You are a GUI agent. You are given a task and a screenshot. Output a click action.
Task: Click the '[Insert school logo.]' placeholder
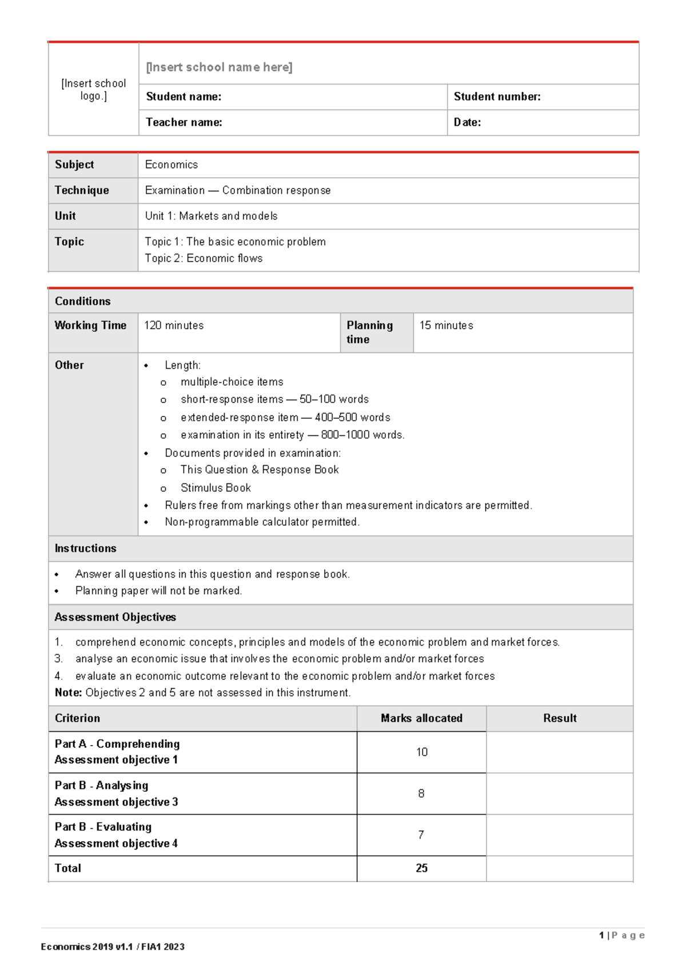(93, 89)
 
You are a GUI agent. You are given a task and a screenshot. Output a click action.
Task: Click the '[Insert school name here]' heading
(219, 67)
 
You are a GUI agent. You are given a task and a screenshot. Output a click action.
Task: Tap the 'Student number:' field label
(497, 97)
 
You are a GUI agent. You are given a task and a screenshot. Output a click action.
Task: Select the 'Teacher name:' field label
(184, 122)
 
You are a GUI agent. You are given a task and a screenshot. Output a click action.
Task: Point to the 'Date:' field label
(467, 122)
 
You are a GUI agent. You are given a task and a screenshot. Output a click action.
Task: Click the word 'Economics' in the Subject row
(171, 165)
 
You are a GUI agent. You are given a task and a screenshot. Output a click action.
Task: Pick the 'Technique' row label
(82, 190)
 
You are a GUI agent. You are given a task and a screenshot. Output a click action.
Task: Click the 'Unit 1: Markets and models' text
(211, 216)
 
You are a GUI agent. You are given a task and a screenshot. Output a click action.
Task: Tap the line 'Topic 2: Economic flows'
(204, 258)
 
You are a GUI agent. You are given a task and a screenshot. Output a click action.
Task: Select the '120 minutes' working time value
(174, 325)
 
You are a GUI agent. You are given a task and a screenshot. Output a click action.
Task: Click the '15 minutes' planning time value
(446, 325)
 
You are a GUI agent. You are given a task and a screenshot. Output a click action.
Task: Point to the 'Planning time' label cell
(369, 332)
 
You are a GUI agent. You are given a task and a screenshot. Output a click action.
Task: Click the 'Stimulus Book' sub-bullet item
(216, 488)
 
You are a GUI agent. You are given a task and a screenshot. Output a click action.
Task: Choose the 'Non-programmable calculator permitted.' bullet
(262, 522)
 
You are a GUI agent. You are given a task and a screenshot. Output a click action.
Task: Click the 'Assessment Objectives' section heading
(115, 617)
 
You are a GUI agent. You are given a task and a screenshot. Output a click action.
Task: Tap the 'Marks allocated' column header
(421, 718)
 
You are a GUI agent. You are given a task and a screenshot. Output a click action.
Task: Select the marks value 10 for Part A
(421, 752)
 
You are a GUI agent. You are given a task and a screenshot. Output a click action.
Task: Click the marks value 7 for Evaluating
(421, 835)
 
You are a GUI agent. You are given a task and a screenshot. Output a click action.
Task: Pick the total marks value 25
(421, 868)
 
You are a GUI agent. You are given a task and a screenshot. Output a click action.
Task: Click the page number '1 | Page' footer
(621, 935)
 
